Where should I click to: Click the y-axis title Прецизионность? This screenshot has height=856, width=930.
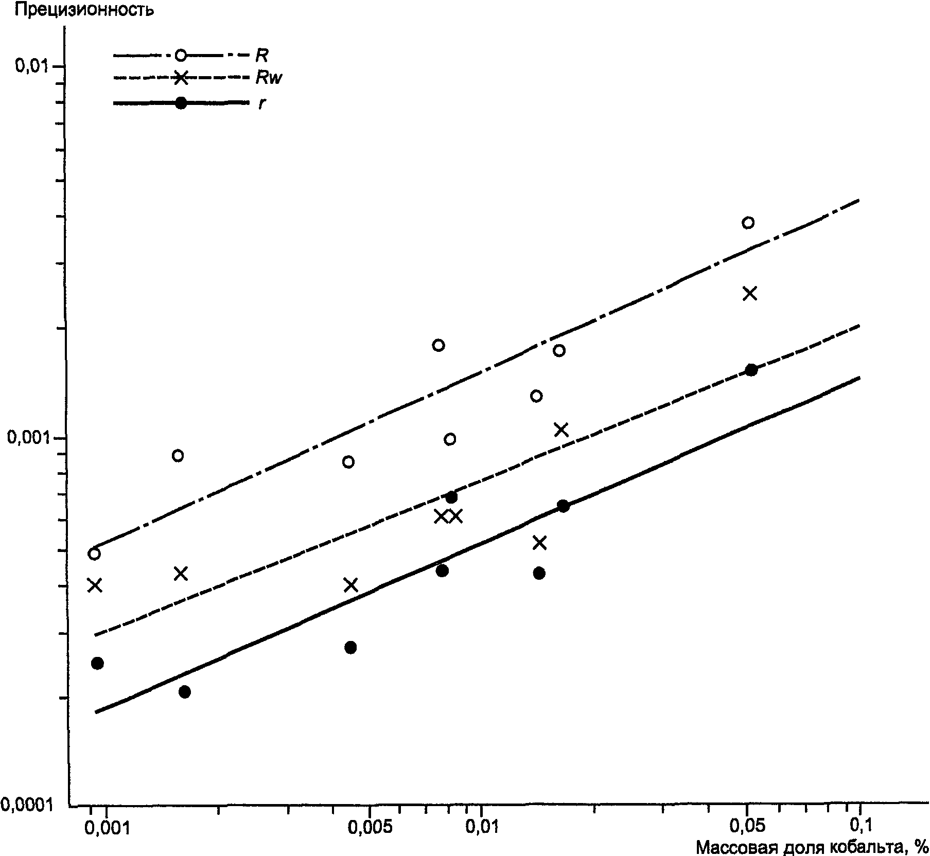pyautogui.click(x=84, y=10)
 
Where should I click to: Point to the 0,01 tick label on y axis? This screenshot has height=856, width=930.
pyautogui.click(x=32, y=66)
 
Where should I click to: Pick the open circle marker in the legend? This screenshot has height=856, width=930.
pyautogui.click(x=181, y=55)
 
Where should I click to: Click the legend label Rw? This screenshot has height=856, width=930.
pyautogui.click(x=269, y=78)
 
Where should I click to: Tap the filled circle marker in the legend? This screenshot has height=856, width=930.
pyautogui.click(x=181, y=103)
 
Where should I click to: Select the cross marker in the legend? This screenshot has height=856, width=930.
pyautogui.click(x=181, y=78)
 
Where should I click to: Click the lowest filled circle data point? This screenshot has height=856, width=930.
pyautogui.click(x=185, y=692)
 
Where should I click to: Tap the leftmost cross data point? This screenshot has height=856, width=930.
pyautogui.click(x=94, y=585)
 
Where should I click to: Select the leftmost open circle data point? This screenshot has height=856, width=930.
pyautogui.click(x=94, y=554)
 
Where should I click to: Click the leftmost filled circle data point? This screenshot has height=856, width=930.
pyautogui.click(x=97, y=663)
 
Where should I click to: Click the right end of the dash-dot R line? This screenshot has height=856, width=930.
pyautogui.click(x=859, y=200)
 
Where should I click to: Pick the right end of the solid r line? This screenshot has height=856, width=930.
pyautogui.click(x=859, y=378)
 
